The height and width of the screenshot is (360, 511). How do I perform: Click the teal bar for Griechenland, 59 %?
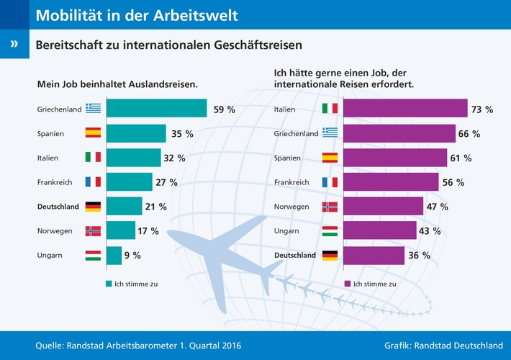click(156, 109)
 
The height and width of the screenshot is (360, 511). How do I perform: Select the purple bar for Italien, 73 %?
click(405, 109)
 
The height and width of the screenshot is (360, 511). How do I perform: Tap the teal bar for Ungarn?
click(114, 255)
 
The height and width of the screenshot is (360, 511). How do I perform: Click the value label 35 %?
click(184, 133)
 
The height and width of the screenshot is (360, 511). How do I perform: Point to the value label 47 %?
click(438, 207)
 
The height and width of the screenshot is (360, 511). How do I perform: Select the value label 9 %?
click(132, 255)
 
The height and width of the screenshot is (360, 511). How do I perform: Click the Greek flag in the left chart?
click(93, 109)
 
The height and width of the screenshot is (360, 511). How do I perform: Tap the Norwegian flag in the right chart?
click(330, 207)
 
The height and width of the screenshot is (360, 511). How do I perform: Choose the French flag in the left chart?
click(93, 182)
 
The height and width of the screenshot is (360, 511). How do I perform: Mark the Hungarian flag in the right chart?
click(330, 231)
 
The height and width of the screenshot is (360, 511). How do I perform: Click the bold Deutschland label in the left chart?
click(58, 207)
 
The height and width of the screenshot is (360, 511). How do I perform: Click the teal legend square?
click(109, 284)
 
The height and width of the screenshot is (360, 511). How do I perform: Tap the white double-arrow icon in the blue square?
click(14, 44)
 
